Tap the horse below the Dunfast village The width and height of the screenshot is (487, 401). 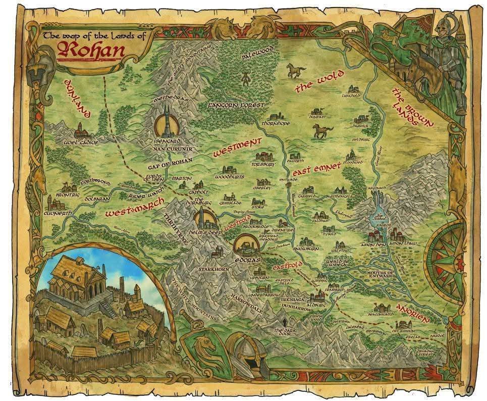(322, 131)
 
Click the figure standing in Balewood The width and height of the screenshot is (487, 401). (245, 78)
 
